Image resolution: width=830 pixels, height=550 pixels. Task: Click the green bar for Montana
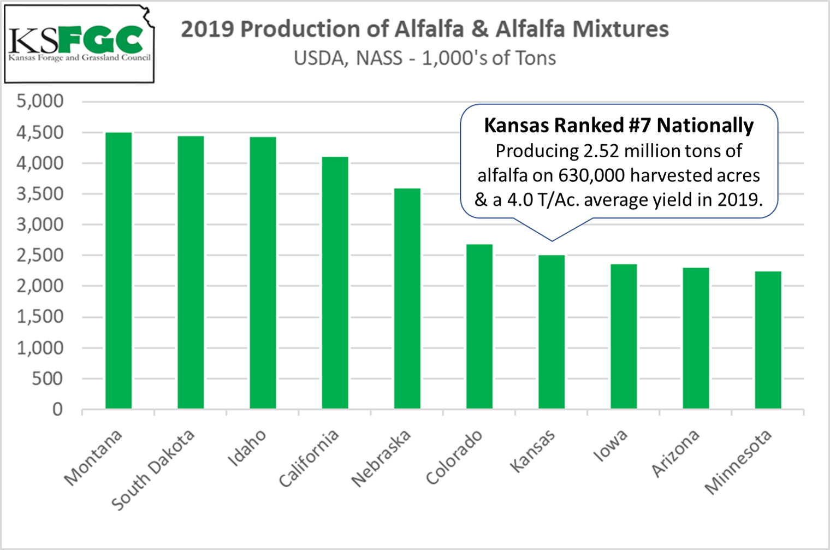pyautogui.click(x=118, y=270)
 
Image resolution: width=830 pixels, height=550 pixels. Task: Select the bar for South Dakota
pyautogui.click(x=191, y=272)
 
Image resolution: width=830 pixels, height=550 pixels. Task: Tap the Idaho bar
pyautogui.click(x=263, y=273)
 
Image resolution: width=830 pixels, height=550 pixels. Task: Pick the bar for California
pyautogui.click(x=335, y=282)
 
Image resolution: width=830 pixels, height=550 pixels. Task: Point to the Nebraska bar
pyautogui.click(x=407, y=298)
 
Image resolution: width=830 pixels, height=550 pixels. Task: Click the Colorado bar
pyautogui.click(x=479, y=326)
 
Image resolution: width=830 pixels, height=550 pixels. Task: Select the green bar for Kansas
pyautogui.click(x=552, y=332)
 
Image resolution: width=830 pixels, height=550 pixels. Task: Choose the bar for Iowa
pyautogui.click(x=624, y=336)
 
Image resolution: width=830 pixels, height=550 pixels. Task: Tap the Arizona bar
pyautogui.click(x=696, y=338)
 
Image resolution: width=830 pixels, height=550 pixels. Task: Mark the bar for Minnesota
pyautogui.click(x=768, y=340)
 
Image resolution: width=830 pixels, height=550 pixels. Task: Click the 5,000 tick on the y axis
pyautogui.click(x=40, y=101)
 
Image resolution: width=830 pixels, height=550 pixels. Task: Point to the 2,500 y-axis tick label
pyautogui.click(x=40, y=255)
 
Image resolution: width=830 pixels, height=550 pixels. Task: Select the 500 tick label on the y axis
pyautogui.click(x=48, y=379)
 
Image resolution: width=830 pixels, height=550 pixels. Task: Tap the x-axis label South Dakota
pyautogui.click(x=153, y=470)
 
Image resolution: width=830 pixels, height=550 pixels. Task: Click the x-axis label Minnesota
pyautogui.click(x=738, y=462)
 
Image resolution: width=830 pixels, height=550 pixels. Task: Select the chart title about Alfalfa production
pyautogui.click(x=425, y=29)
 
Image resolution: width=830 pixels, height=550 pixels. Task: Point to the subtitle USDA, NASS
pyautogui.click(x=425, y=58)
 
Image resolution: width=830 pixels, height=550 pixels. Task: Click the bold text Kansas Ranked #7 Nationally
pyautogui.click(x=619, y=125)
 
